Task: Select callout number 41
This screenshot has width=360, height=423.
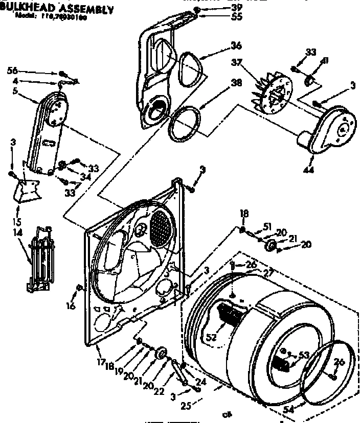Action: [324, 62]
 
